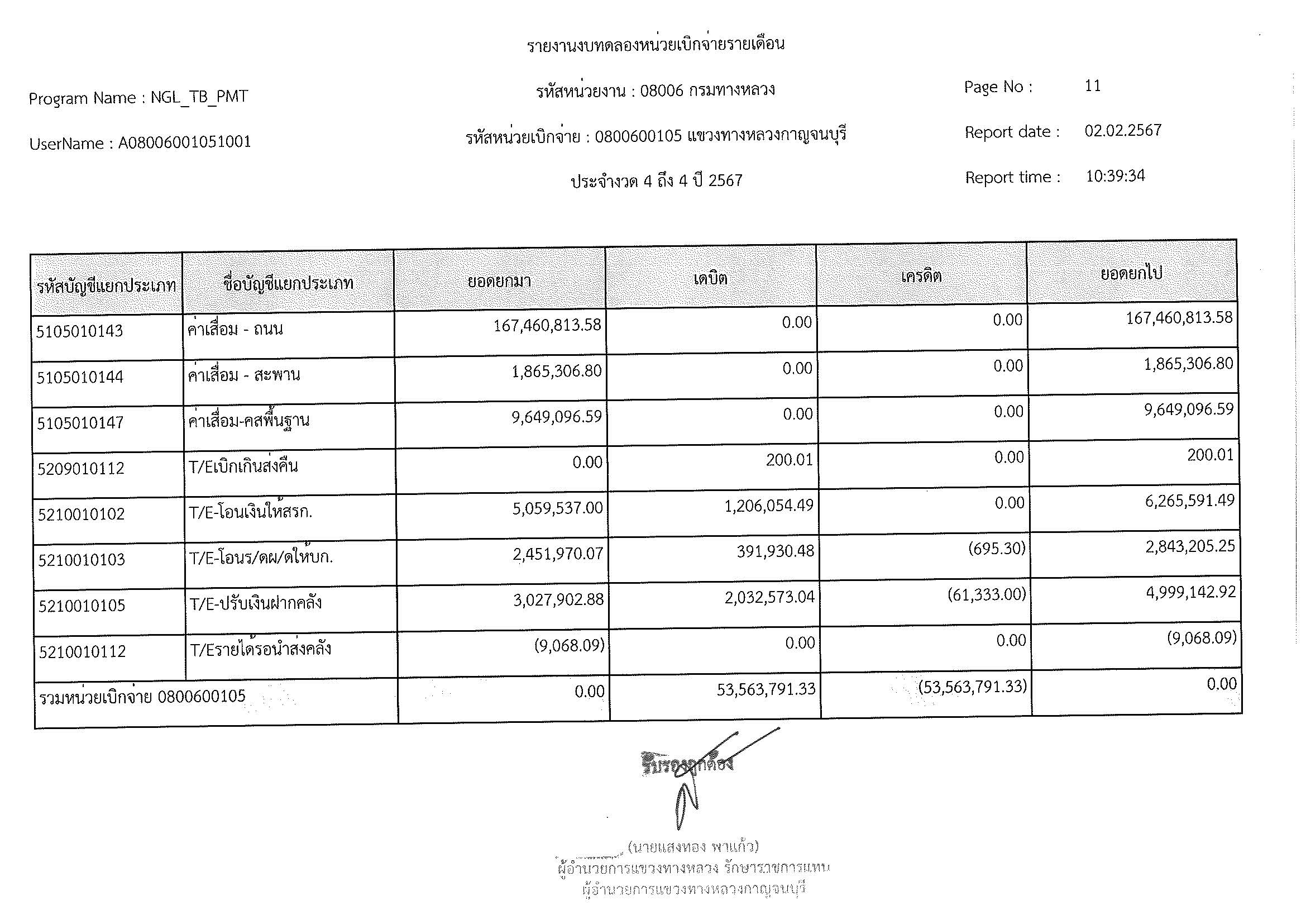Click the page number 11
tap(1093, 86)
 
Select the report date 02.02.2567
tap(1122, 131)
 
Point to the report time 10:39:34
tap(1115, 176)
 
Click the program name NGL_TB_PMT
tap(199, 97)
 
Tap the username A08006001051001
tap(184, 142)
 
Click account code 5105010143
tap(80, 331)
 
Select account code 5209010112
tap(81, 469)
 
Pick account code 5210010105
tap(82, 606)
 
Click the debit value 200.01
tap(789, 460)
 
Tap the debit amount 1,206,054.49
tap(768, 506)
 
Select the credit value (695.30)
tap(997, 549)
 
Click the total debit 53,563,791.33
tap(766, 689)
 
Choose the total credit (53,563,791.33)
tap(972, 687)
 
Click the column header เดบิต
tap(710, 279)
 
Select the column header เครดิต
tap(921, 277)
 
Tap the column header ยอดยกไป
tap(1131, 274)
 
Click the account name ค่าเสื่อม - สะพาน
tap(244, 375)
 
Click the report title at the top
tap(656, 44)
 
